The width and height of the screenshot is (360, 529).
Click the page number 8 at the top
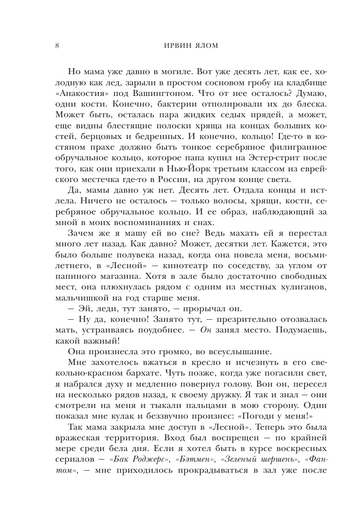(57, 46)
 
